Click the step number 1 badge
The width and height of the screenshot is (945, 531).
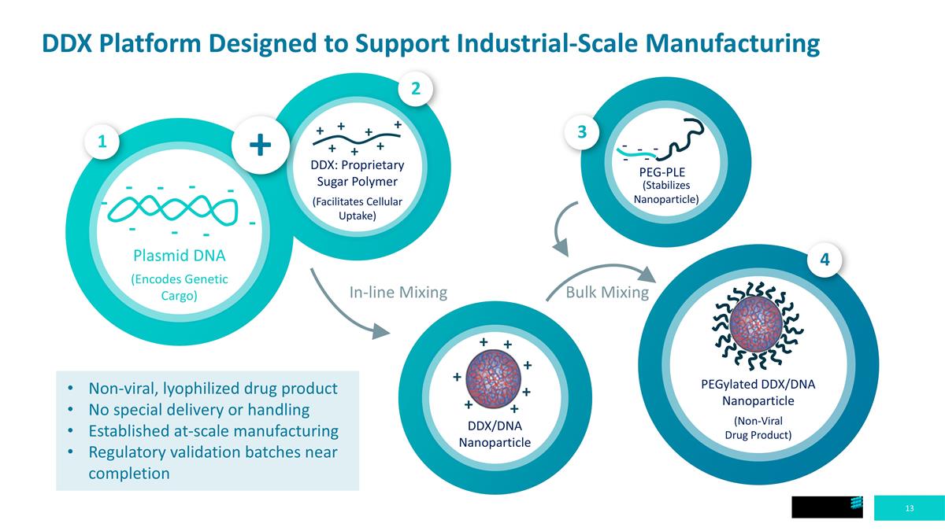coord(102,142)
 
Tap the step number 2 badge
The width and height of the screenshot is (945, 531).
coord(416,90)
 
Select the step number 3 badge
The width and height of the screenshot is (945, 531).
coord(582,133)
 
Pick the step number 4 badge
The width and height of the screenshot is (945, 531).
coord(825,260)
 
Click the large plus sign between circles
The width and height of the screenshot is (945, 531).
coord(261,145)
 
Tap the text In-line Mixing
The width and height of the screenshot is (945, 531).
coord(398,293)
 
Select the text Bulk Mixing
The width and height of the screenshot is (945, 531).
coord(597,293)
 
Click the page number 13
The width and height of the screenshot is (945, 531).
coord(910,509)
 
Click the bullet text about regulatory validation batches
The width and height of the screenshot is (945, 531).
coord(213,463)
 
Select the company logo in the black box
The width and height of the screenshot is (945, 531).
coord(858,507)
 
